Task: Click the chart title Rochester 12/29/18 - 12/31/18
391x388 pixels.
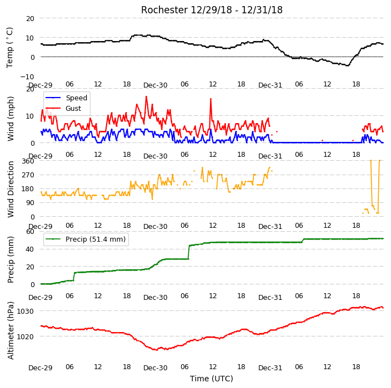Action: tap(212, 10)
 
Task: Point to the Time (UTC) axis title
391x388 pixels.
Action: tap(212, 379)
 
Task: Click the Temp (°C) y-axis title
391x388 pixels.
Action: tap(9, 48)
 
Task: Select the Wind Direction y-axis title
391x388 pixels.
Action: tap(11, 189)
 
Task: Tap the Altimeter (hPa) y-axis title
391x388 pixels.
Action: tap(11, 330)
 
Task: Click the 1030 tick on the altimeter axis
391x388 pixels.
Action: tap(25, 311)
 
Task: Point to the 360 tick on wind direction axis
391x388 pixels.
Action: tap(28, 161)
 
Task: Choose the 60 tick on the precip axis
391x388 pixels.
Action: tap(30, 232)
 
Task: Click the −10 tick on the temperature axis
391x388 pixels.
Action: tap(27, 76)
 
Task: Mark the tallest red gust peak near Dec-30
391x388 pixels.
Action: tap(147, 96)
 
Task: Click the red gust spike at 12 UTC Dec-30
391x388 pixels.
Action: tap(210, 99)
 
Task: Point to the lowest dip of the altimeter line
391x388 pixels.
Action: tap(157, 350)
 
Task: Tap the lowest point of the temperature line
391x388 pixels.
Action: tap(348, 65)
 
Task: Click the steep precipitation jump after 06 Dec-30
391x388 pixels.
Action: tap(189, 252)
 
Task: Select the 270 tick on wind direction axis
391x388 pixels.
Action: tap(28, 175)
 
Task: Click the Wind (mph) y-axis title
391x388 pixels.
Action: tap(11, 119)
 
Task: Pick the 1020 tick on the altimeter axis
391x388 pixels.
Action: tap(25, 336)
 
